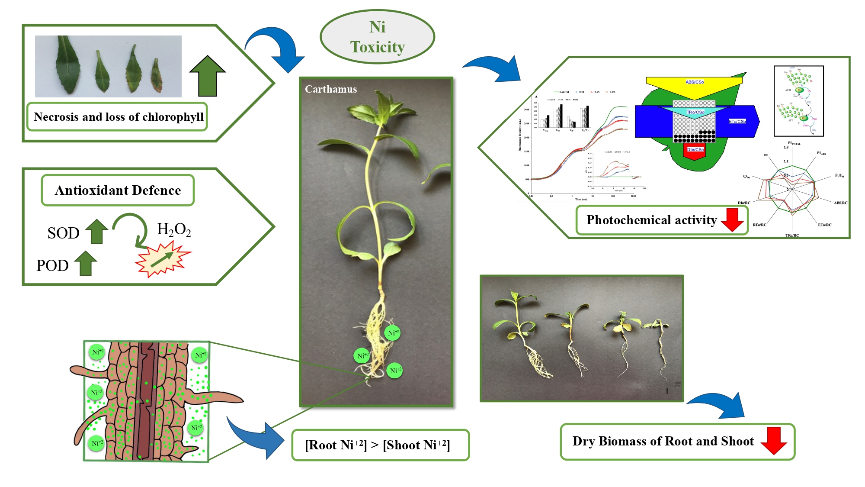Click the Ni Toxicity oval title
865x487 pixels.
coord(377,37)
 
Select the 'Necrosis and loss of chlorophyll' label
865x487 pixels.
coord(118,117)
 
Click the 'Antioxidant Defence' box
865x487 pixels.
coord(118,190)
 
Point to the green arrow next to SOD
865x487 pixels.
coord(96,232)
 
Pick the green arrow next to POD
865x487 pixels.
coord(86,263)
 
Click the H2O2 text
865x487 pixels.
coord(174,229)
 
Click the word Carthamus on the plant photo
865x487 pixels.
coord(331,89)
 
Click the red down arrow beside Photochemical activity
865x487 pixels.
coord(732,219)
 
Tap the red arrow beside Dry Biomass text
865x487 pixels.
coord(773,440)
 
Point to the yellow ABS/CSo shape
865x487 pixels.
coord(694,84)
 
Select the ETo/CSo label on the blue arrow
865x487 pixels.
coord(737,121)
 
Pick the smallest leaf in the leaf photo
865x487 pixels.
coord(156,76)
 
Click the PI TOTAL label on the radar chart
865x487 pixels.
coord(794,143)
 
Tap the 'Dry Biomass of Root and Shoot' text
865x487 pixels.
coord(663,441)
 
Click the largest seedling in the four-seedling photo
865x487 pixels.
coord(521,333)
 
